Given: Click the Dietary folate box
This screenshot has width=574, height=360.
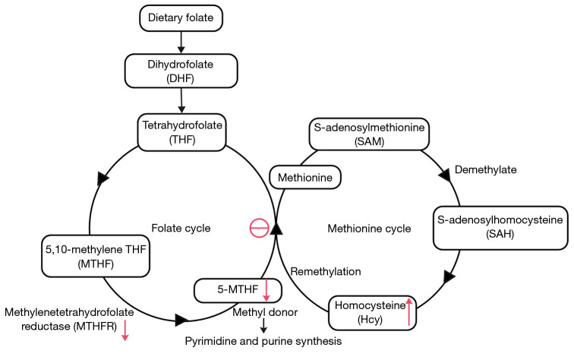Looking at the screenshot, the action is tap(181, 18).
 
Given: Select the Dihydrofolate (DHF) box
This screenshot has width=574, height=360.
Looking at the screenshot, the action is tap(181, 71).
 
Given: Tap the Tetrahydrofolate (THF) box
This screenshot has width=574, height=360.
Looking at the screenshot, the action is tap(182, 132).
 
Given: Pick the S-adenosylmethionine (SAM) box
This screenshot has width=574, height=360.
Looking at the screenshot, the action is tap(369, 134).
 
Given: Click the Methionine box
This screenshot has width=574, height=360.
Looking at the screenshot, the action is tap(305, 178).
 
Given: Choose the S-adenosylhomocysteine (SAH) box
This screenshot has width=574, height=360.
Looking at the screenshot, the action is tap(500, 228).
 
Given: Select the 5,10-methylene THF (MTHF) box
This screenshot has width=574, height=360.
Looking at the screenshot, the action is tap(96, 256).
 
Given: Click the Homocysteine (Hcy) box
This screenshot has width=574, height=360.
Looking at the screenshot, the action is tap(372, 313).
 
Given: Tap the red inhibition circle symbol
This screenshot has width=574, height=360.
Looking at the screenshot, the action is tap(259, 228).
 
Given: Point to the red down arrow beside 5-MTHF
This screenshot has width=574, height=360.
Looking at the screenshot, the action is tap(266, 290).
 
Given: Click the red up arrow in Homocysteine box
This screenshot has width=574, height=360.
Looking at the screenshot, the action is tap(409, 312).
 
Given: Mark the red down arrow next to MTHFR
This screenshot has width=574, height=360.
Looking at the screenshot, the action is tap(125, 330).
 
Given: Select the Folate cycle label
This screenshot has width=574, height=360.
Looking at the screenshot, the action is tap(181, 228).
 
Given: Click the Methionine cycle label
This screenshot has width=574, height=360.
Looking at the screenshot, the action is tap(369, 229).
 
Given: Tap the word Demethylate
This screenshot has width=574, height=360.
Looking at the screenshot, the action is tap(485, 169).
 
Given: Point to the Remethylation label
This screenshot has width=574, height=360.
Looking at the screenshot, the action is tap(326, 271).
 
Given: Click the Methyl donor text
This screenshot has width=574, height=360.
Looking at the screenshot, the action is tap(265, 312).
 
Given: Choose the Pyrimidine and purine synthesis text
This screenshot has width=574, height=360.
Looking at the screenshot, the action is tap(263, 341).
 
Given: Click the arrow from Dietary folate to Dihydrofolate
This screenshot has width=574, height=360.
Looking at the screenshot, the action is tap(181, 43).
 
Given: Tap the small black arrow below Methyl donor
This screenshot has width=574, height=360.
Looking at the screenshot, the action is tap(263, 326).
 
